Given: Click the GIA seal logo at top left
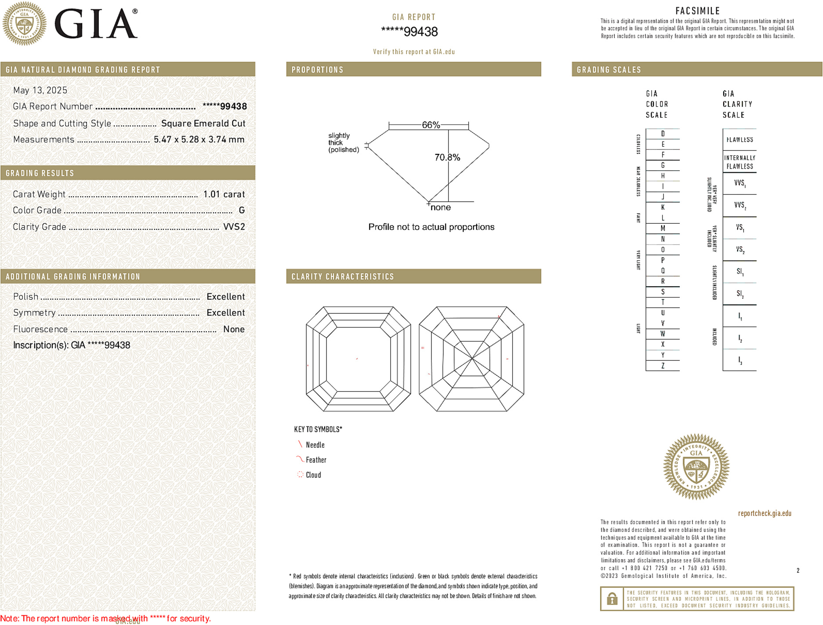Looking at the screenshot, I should (24, 24).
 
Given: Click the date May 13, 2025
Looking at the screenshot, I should (40, 90).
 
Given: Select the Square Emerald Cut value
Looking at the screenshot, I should (203, 124).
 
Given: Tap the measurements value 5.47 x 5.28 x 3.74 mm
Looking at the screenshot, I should (199, 140).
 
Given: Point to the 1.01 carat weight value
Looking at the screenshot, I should (224, 194).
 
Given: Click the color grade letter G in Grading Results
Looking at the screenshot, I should (241, 211).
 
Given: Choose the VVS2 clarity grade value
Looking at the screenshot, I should (234, 227).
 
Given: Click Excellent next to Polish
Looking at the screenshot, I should (225, 297).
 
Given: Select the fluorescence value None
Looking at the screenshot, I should (233, 329).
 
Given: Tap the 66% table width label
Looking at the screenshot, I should (431, 125).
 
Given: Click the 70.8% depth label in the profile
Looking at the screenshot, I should (447, 157).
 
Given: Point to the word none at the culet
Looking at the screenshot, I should (440, 207).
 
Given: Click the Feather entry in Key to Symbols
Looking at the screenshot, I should (315, 460).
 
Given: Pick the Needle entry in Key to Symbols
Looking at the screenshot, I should (315, 445).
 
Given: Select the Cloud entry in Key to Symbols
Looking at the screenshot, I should (313, 475).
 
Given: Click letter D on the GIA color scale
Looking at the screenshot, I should (663, 134).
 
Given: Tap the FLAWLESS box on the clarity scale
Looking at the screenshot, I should (740, 140).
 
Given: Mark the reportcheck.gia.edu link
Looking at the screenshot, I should (764, 513).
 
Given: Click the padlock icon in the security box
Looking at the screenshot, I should (612, 599).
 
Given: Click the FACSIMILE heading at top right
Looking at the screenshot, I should (697, 11).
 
